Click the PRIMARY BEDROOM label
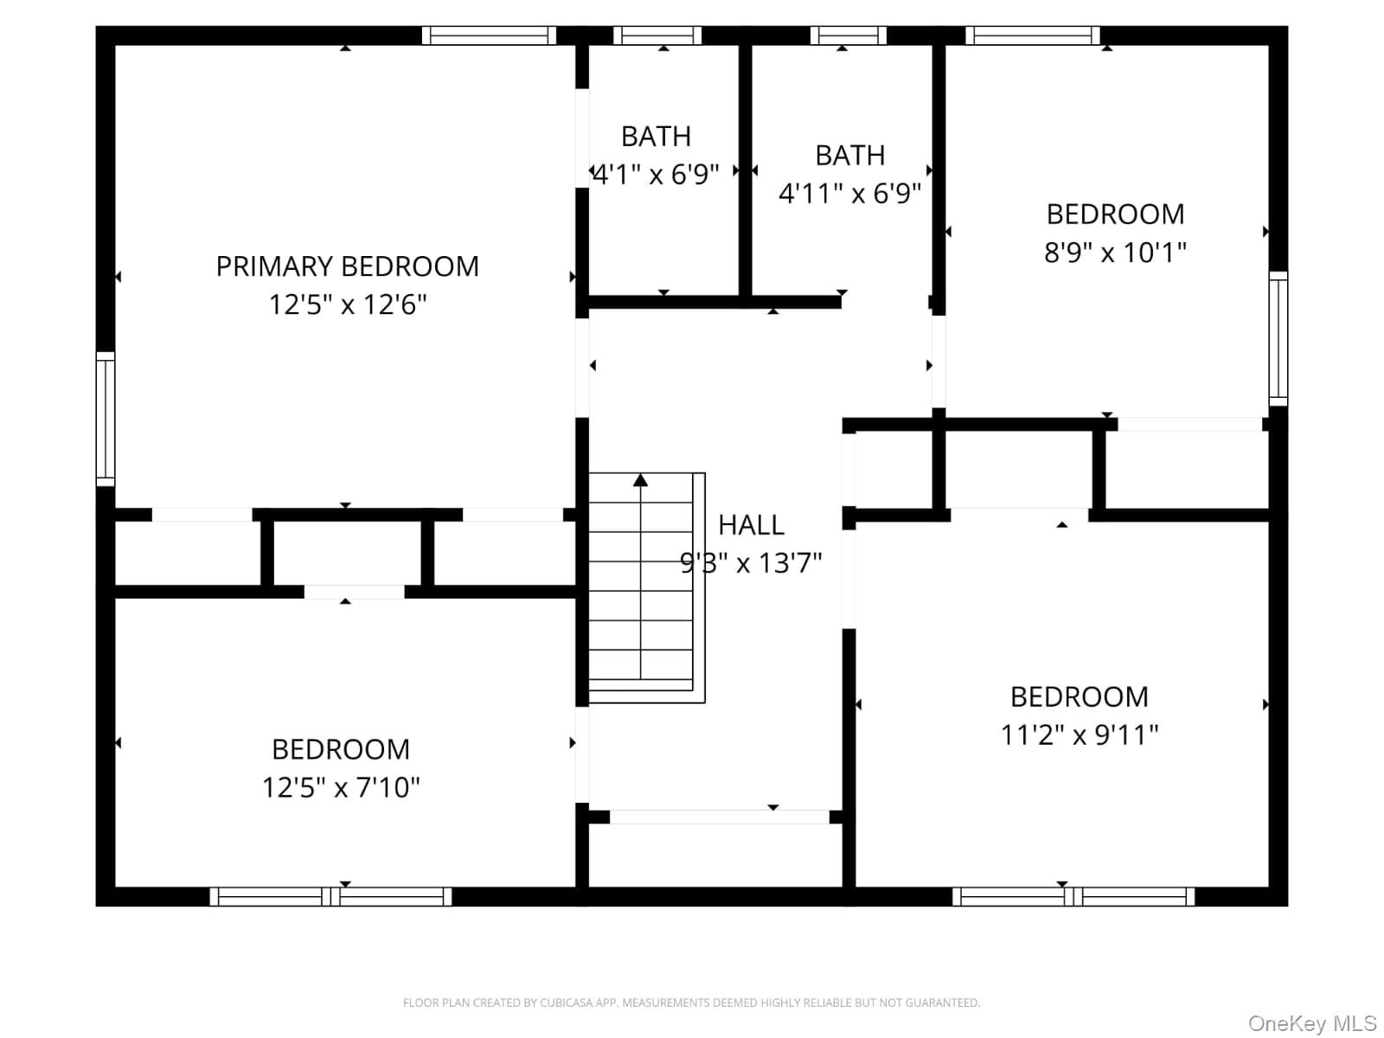coord(348,266)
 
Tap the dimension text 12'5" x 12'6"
coord(348,304)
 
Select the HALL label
coord(751,524)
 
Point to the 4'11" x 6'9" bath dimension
coord(850,193)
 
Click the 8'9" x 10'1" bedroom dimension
coord(1115,252)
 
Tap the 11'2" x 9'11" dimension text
coord(1080,734)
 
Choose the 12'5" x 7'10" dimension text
coord(341,786)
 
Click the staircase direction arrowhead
coord(641,480)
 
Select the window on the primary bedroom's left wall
coord(106,420)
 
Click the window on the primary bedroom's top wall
coord(490,35)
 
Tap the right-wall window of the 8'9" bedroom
coord(1278,339)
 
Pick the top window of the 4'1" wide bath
coord(657,35)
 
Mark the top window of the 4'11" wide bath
coord(848,35)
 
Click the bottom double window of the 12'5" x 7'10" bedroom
coord(331,896)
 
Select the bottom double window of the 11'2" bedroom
coord(1073,896)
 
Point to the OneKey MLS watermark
coord(1311,1023)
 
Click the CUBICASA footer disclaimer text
coord(692,1002)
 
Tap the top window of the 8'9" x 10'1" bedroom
coord(1033,35)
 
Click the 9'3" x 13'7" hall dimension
coord(751,562)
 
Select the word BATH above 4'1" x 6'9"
coord(656,136)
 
